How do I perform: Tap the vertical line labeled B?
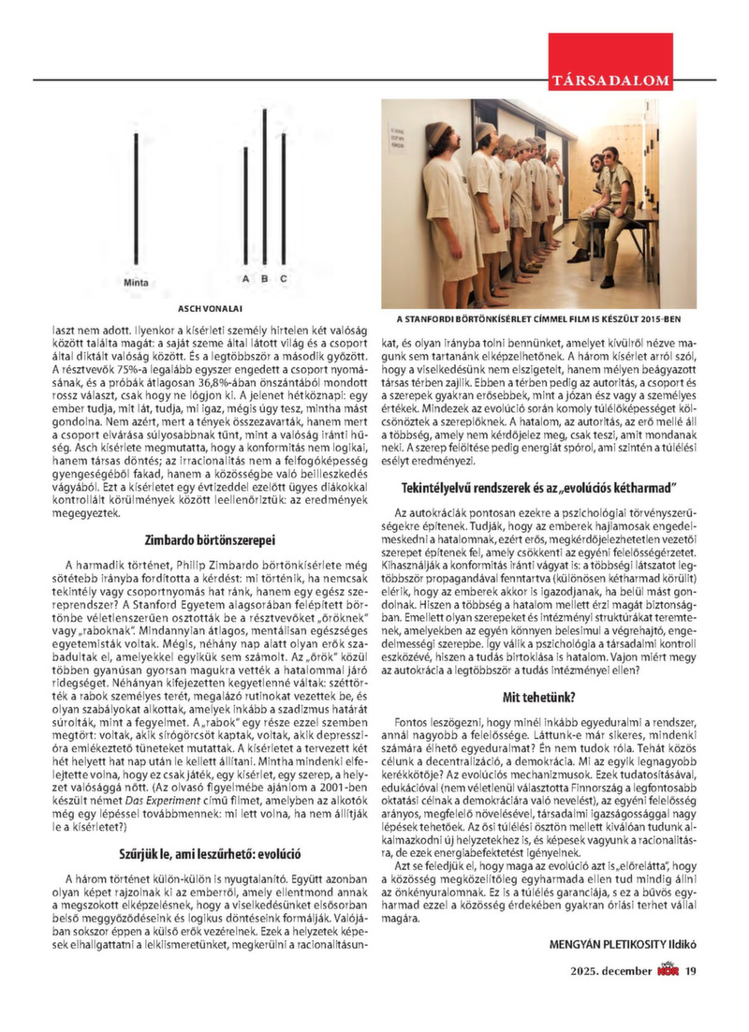(265, 187)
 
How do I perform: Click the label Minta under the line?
(136, 280)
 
